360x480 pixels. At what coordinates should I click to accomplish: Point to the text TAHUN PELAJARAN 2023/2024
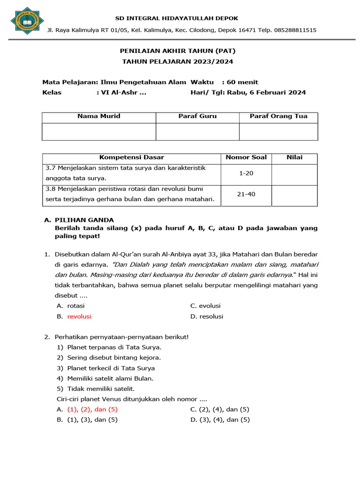(x=177, y=61)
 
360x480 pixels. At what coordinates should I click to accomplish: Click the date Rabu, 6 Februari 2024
(x=266, y=92)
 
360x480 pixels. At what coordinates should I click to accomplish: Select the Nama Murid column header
(x=99, y=116)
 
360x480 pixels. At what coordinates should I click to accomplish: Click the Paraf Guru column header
(x=197, y=116)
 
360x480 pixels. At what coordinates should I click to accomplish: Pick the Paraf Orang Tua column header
(x=278, y=116)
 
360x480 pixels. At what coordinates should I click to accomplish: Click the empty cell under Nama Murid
(x=99, y=132)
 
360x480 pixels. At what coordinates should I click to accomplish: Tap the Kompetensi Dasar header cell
(x=132, y=157)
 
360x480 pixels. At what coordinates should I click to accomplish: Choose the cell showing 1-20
(x=246, y=173)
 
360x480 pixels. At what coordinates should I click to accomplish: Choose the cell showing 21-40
(x=246, y=194)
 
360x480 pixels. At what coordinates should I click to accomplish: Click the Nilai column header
(x=294, y=157)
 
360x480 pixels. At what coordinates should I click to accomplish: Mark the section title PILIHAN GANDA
(x=84, y=220)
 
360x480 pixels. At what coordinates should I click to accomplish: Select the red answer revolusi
(x=79, y=316)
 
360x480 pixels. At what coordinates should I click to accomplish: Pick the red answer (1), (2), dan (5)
(x=92, y=409)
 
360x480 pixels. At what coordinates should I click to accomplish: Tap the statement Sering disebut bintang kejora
(x=114, y=358)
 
